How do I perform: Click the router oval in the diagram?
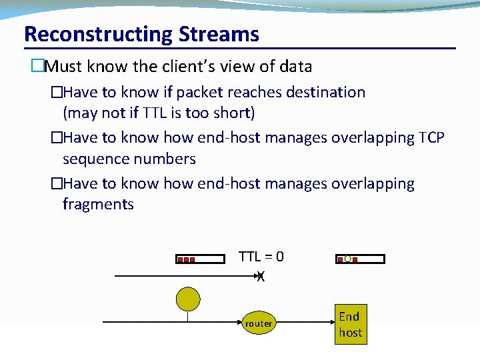point(259,324)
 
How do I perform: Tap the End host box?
point(350,325)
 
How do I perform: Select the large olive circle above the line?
point(187,299)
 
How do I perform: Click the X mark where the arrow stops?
point(261,276)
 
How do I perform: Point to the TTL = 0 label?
point(261,257)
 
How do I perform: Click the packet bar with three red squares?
point(200,259)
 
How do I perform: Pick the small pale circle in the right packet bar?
point(347,259)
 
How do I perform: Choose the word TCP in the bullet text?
point(432,138)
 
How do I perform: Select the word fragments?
point(98,204)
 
